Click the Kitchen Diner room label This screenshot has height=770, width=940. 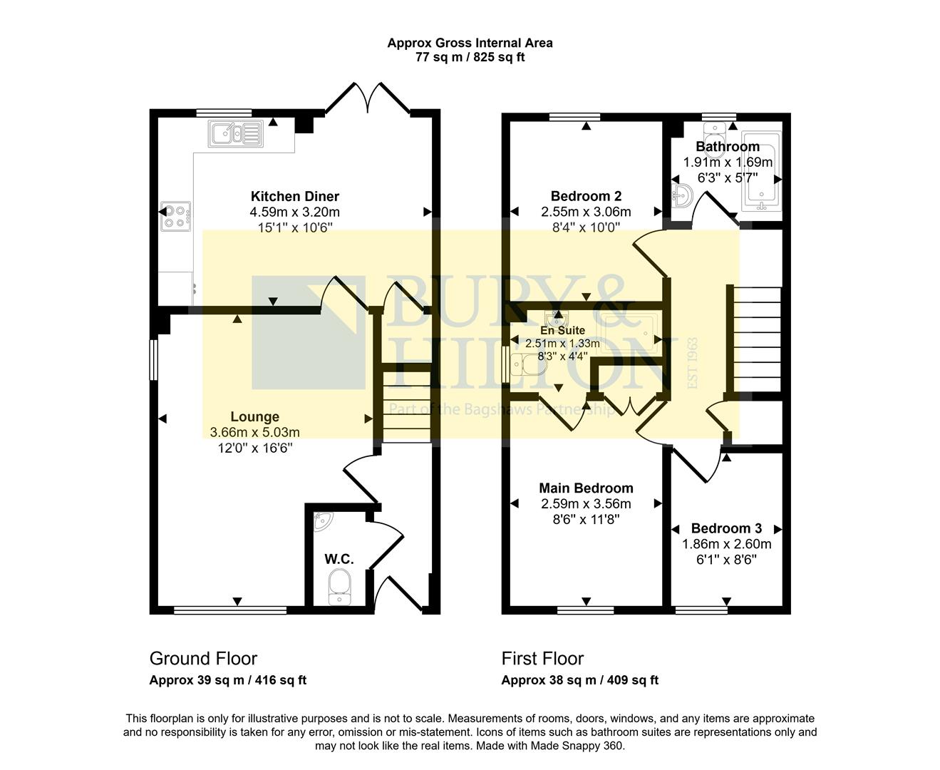(x=294, y=196)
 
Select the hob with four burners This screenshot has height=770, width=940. (x=175, y=216)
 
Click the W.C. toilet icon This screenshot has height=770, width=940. (x=340, y=589)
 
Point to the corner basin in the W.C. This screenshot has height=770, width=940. (x=323, y=522)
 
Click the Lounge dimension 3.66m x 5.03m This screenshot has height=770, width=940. (x=254, y=432)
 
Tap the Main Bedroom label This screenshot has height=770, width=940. (x=586, y=488)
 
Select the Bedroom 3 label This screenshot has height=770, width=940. (x=726, y=528)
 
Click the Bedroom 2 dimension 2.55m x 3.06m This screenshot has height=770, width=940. (x=586, y=212)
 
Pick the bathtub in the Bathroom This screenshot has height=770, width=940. (x=761, y=171)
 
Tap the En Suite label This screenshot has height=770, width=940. (x=562, y=330)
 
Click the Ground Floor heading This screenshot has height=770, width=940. (x=203, y=658)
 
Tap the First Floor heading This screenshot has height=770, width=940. (x=542, y=658)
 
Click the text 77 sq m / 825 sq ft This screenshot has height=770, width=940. (x=470, y=58)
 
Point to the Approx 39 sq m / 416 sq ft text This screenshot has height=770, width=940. (x=227, y=680)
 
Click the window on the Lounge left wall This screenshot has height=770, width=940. (x=152, y=359)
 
